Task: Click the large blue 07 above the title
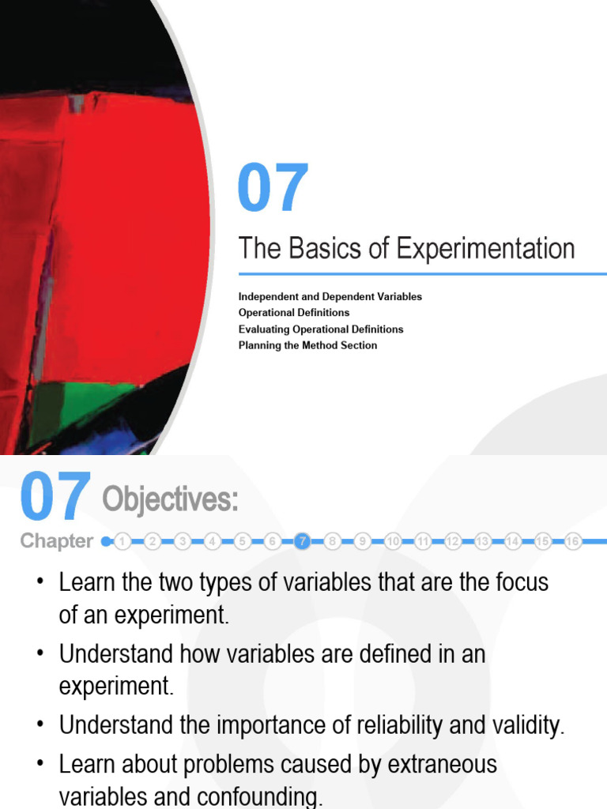click(x=273, y=189)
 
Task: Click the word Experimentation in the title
click(x=484, y=249)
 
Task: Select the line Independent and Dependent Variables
click(x=330, y=296)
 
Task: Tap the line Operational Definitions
click(x=294, y=313)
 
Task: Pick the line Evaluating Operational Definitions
click(x=321, y=329)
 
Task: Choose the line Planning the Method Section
click(x=308, y=345)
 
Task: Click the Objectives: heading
click(x=170, y=500)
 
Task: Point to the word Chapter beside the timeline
click(x=56, y=541)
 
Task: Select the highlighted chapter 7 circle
click(x=302, y=541)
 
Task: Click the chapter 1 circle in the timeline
click(x=123, y=541)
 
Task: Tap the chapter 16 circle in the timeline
click(x=573, y=541)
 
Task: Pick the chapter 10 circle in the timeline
click(x=393, y=541)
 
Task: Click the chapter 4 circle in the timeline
click(x=213, y=541)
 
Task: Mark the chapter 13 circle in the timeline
click(x=483, y=541)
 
